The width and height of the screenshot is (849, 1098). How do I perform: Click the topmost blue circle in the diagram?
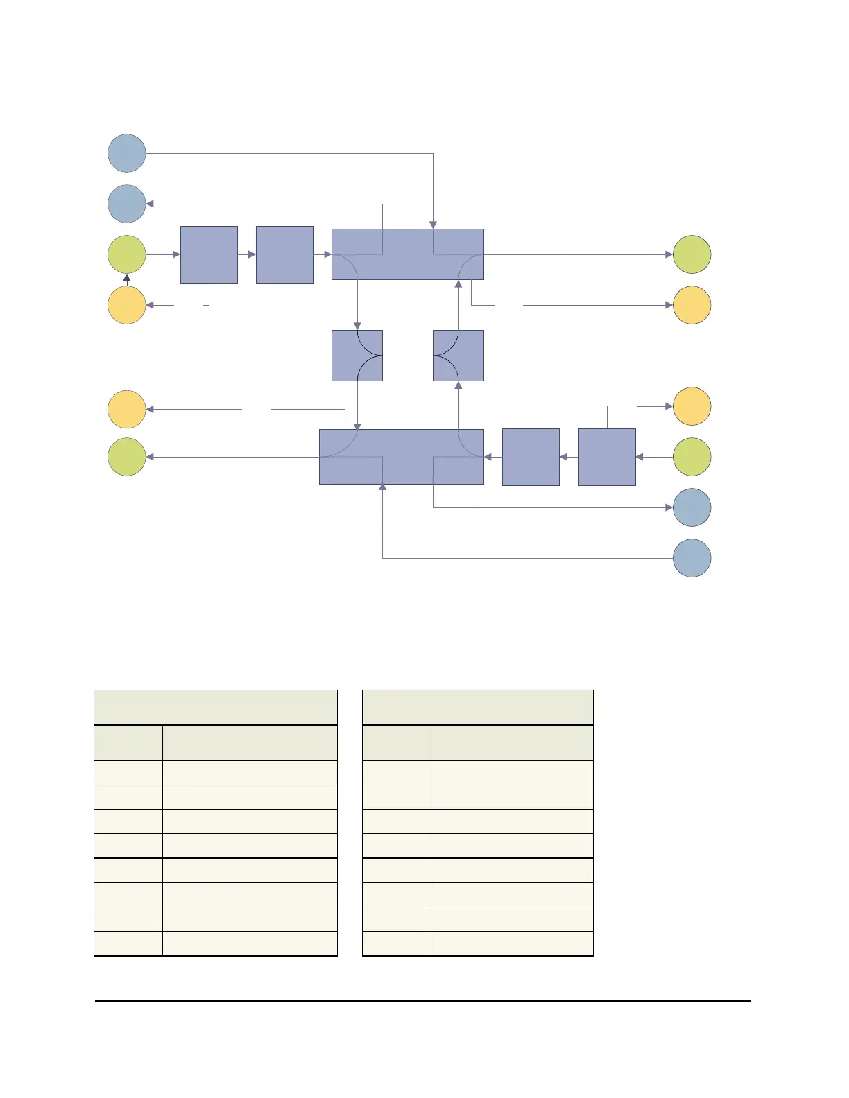pos(127,153)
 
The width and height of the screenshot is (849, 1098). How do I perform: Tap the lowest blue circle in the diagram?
pos(692,558)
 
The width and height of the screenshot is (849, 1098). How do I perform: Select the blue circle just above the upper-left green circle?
pos(127,204)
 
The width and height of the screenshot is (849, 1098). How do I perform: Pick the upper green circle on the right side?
pos(692,254)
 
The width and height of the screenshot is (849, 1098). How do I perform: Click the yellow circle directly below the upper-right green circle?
pos(692,305)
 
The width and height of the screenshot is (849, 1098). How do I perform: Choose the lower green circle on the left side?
pos(127,457)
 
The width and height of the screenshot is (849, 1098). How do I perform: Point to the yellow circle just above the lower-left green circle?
pos(127,409)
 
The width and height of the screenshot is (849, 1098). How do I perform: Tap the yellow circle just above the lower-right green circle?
pos(692,406)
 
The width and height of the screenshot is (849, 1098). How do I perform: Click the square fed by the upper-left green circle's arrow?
pos(209,254)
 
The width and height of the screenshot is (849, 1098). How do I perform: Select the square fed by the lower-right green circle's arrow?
pos(607,457)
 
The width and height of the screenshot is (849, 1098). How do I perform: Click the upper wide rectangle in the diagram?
pos(407,254)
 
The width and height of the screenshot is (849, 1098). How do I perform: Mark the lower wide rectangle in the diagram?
pos(401,457)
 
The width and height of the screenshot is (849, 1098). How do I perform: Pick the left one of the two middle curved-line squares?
pos(357,356)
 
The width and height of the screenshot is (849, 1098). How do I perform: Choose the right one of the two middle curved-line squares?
pos(458,356)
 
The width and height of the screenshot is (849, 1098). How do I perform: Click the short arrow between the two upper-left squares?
pos(247,254)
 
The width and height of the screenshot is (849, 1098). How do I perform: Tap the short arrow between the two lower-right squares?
pos(569,457)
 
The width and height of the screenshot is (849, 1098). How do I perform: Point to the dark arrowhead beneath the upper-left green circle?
pos(127,279)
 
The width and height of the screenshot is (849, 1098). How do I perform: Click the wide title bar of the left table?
pos(215,707)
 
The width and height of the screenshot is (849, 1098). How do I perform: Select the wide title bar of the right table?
pos(477,707)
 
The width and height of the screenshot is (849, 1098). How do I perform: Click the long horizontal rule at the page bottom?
pos(422,1000)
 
